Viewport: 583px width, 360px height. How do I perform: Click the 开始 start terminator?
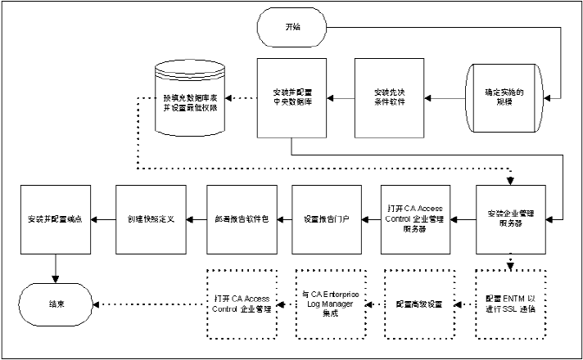292,28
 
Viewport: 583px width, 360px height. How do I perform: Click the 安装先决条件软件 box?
387,97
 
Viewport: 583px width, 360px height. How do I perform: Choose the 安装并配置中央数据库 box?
291,97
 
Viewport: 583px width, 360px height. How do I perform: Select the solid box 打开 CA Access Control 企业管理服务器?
418,218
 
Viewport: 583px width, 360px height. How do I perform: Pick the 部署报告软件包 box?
238,218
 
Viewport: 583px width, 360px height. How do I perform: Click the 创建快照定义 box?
151,218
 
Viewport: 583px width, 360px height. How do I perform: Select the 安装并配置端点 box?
56,218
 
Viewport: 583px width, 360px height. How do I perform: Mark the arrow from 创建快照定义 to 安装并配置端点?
104,218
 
